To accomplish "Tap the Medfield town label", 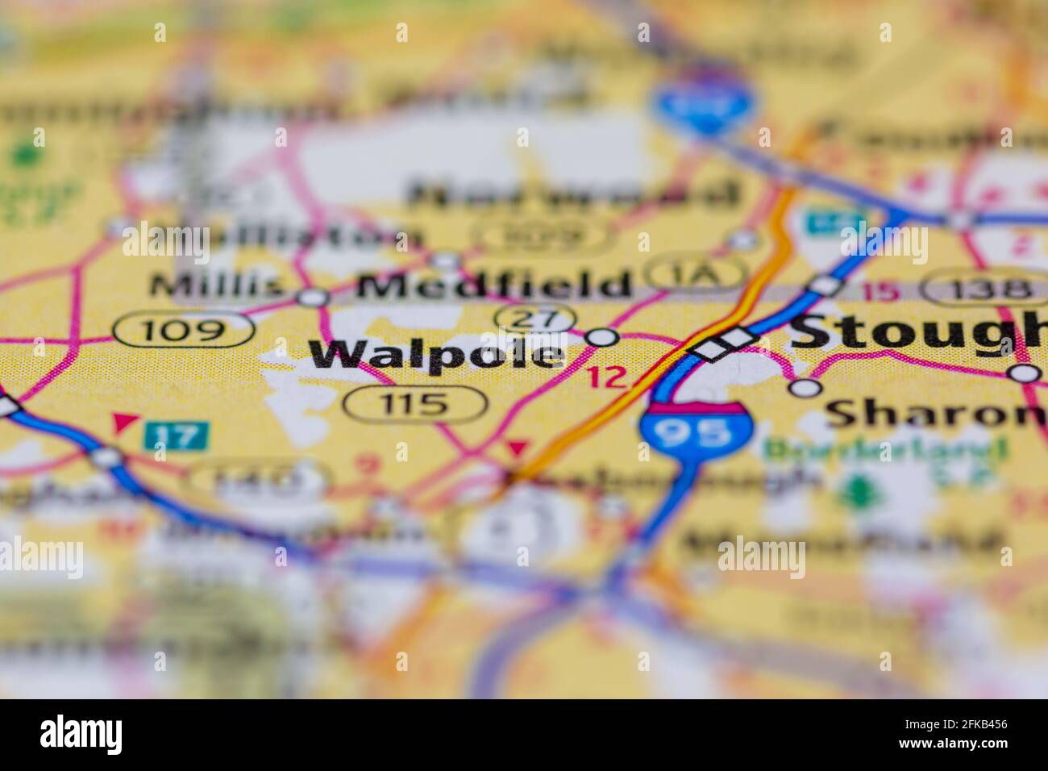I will (x=494, y=285).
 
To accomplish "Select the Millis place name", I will (x=217, y=284).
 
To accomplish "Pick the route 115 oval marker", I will (x=415, y=402).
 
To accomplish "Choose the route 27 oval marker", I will (x=534, y=318).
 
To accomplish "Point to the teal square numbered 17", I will (x=176, y=436).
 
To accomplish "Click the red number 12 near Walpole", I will (x=605, y=377).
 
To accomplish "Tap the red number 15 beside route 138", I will (x=884, y=291).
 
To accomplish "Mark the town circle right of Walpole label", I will (x=603, y=338).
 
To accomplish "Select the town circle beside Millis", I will (x=314, y=298).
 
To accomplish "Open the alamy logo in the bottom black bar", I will (x=81, y=733).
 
